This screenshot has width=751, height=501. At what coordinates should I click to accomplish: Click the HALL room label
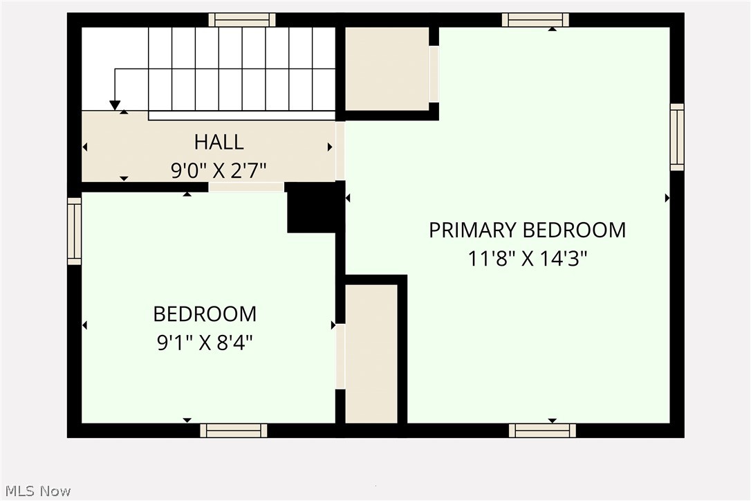[x=219, y=142]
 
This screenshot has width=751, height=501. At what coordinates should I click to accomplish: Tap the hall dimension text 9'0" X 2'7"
[x=219, y=169]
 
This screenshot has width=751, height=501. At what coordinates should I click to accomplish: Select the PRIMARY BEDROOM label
[x=527, y=230]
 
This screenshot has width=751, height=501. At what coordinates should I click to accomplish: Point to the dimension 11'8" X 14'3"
[x=527, y=259]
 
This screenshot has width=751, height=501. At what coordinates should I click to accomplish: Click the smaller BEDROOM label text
[x=205, y=314]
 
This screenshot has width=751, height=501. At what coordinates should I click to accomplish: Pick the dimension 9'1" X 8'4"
[x=205, y=343]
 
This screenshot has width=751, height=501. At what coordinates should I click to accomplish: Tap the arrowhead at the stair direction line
[x=115, y=105]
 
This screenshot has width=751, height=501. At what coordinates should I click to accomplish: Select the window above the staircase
[x=242, y=19]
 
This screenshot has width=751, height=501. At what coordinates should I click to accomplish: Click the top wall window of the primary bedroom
[x=535, y=19]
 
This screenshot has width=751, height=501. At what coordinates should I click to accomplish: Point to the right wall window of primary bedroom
[x=677, y=137]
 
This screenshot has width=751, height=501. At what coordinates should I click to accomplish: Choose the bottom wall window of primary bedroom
[x=542, y=430]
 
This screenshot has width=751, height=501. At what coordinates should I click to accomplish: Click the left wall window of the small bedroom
[x=74, y=231]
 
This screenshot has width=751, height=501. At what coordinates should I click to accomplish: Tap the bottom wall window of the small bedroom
[x=234, y=430]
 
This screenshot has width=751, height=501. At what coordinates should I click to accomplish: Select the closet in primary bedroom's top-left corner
[x=387, y=69]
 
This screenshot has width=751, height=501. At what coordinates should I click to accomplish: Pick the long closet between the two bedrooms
[x=371, y=353]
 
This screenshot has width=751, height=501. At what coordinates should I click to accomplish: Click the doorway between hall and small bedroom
[x=246, y=187]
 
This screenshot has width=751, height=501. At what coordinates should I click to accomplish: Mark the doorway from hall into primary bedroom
[x=340, y=151]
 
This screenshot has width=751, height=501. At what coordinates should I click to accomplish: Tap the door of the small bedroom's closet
[x=340, y=356]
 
